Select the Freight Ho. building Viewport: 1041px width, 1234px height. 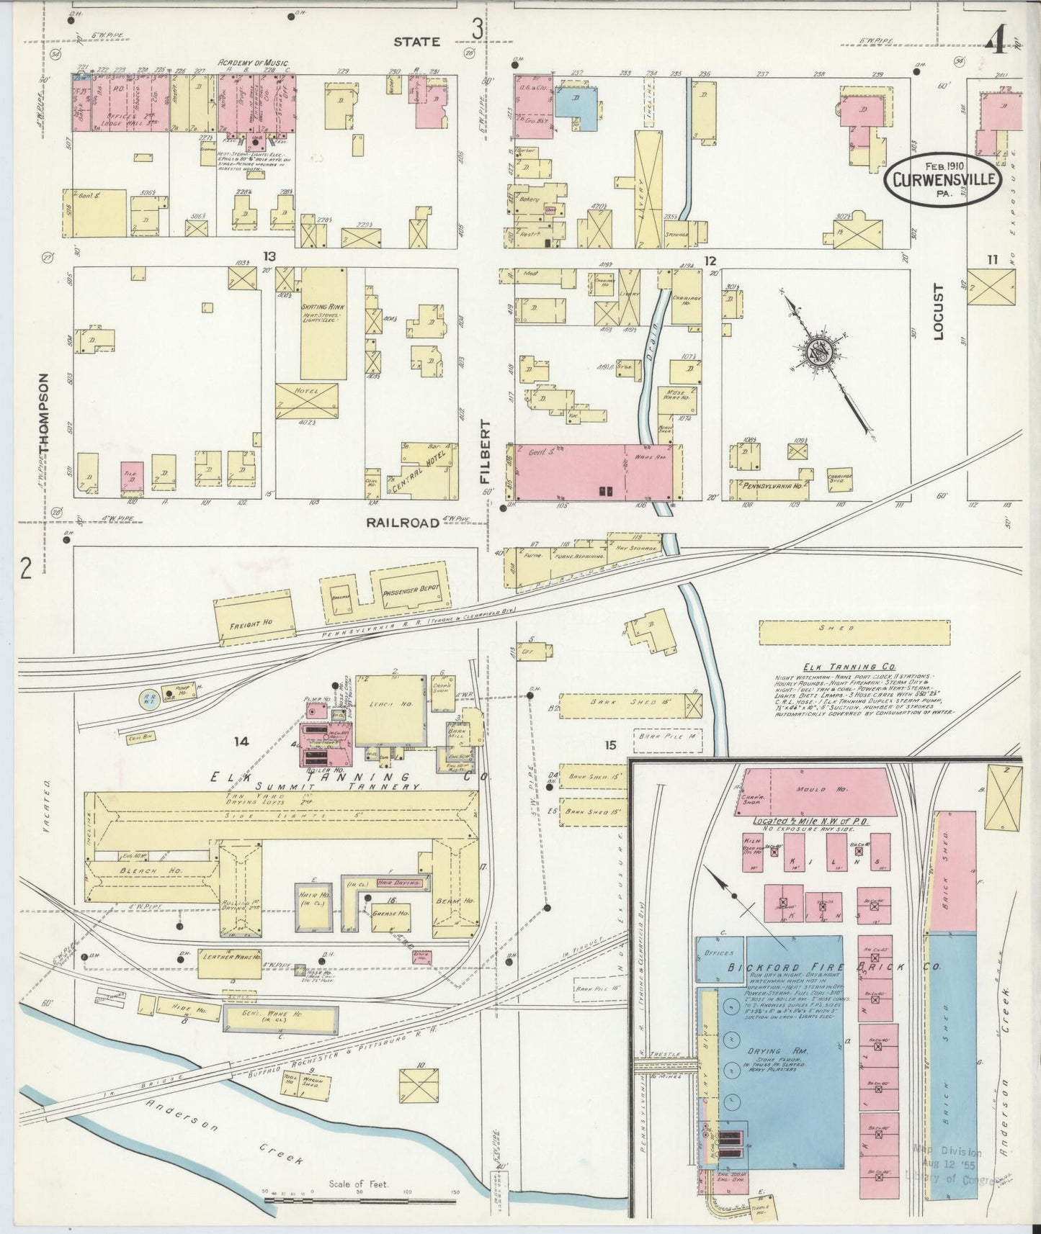[254, 617]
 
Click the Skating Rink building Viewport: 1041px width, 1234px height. [323, 324]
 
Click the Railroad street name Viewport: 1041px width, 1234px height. [403, 523]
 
